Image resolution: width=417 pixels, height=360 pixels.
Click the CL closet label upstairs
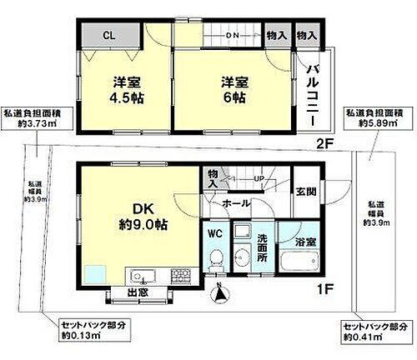click(109, 35)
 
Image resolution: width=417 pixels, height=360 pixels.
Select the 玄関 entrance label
click(306, 191)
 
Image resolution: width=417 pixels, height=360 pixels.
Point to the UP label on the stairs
click(259, 177)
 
